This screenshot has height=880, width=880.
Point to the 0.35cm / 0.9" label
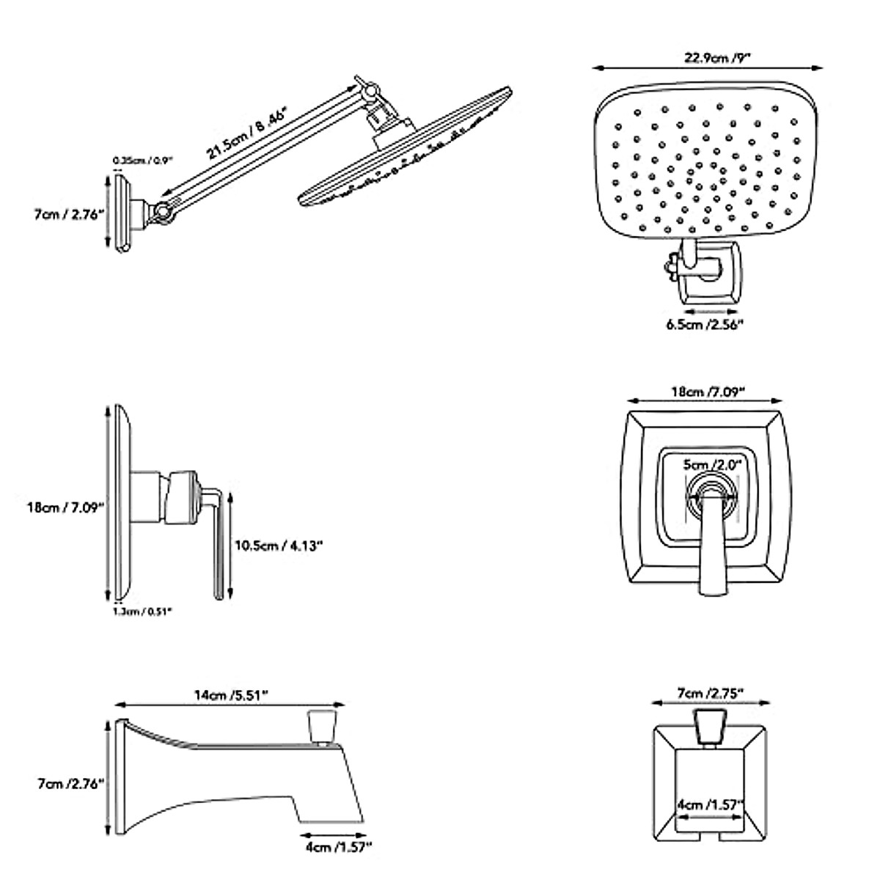pyautogui.click(x=142, y=161)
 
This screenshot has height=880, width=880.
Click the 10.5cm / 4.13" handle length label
pyautogui.click(x=278, y=545)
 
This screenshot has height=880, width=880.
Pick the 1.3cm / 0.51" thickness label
pyautogui.click(x=142, y=610)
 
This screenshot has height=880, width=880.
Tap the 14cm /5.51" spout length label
pyautogui.click(x=231, y=695)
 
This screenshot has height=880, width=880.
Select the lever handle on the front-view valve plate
pyautogui.click(x=709, y=543)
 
